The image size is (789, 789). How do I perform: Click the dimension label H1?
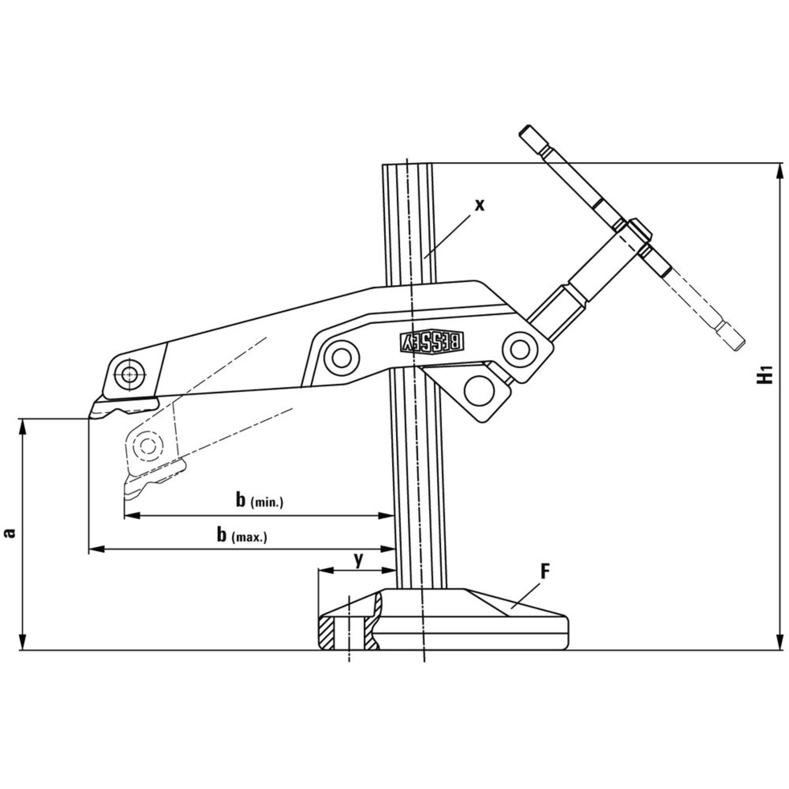coord(766,373)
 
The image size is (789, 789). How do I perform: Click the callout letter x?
coord(479,204)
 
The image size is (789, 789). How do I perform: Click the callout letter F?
coord(545,572)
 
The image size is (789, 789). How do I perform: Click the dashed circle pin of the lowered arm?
coord(147,445)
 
